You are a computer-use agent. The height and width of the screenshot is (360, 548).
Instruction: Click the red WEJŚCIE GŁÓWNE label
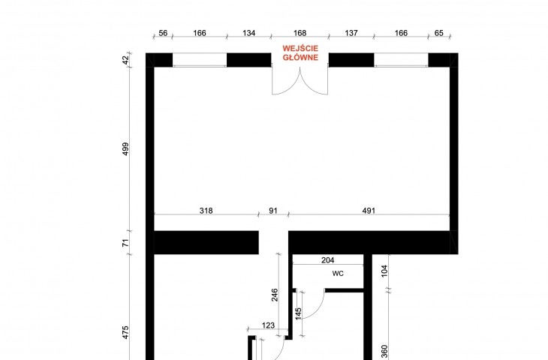click(300, 52)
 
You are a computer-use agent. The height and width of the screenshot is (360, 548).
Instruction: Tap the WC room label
click(338, 274)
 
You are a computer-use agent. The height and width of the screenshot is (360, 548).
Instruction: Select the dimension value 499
click(125, 148)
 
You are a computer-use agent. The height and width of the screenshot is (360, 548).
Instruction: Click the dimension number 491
click(369, 211)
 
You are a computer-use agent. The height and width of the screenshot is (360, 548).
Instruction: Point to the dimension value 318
click(206, 211)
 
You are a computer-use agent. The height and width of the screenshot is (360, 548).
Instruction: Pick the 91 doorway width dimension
click(273, 211)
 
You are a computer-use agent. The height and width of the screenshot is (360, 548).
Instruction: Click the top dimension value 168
click(300, 33)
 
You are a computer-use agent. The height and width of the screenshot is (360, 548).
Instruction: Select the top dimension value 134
click(248, 33)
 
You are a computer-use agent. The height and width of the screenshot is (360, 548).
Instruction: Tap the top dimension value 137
click(351, 33)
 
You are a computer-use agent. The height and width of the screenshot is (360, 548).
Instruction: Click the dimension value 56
click(163, 33)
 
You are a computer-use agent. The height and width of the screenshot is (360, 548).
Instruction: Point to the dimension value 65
click(439, 33)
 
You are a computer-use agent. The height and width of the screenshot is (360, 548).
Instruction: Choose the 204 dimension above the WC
click(327, 260)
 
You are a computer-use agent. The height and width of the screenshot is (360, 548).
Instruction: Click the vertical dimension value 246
click(275, 295)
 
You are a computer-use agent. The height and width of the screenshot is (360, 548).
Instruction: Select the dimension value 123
click(268, 325)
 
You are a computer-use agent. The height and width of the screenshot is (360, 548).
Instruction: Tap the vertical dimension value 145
click(298, 313)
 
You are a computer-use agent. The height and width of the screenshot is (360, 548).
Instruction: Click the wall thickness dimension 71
click(125, 242)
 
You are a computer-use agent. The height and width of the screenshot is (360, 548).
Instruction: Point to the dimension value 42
click(125, 60)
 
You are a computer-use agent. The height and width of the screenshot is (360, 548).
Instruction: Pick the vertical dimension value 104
click(384, 271)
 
